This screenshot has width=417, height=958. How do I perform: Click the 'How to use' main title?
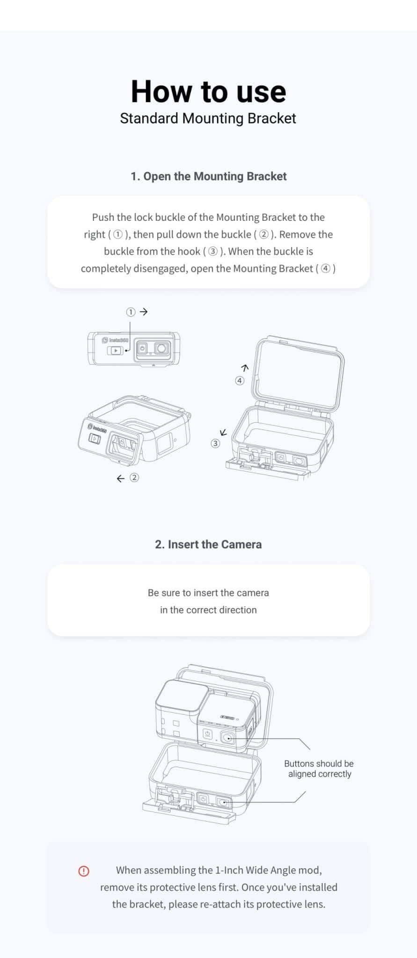pyautogui.click(x=208, y=91)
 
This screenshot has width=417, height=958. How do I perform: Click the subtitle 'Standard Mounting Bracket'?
pyautogui.click(x=208, y=118)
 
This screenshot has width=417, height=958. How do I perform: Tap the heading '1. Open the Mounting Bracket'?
pyautogui.click(x=208, y=176)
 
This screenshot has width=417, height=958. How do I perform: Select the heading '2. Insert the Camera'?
pyautogui.click(x=208, y=544)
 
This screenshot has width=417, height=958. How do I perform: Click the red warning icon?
pyautogui.click(x=84, y=871)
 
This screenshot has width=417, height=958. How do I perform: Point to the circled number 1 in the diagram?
pyautogui.click(x=131, y=312)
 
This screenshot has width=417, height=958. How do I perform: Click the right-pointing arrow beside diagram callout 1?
pyautogui.click(x=144, y=312)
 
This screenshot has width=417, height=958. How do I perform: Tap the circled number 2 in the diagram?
pyautogui.click(x=134, y=478)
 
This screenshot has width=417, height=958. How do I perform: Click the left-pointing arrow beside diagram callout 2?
pyautogui.click(x=121, y=478)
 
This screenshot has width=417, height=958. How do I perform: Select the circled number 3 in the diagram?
pyautogui.click(x=215, y=443)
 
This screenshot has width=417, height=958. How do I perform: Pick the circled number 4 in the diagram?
pyautogui.click(x=240, y=381)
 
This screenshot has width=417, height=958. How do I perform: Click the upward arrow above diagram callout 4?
pyautogui.click(x=244, y=368)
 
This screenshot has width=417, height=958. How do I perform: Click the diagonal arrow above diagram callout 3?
pyautogui.click(x=224, y=432)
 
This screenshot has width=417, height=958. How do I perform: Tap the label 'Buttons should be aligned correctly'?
pyautogui.click(x=319, y=769)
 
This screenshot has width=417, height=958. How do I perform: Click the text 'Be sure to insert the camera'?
pyautogui.click(x=208, y=593)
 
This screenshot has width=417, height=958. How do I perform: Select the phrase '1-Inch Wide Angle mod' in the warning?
pyautogui.click(x=267, y=870)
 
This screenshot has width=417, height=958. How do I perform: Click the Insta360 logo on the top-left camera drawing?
pyautogui.click(x=115, y=340)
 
